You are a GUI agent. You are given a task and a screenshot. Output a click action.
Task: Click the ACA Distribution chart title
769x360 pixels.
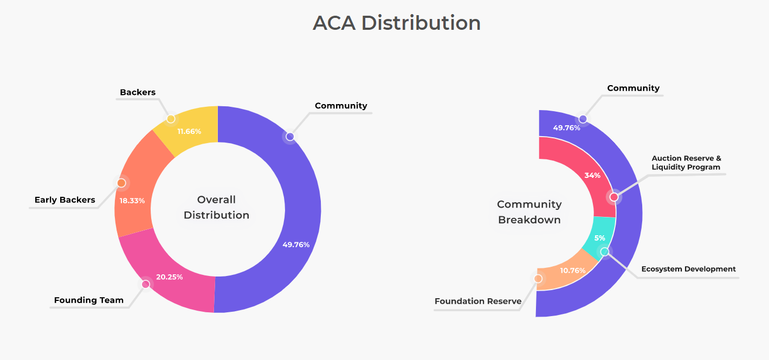(x=397, y=23)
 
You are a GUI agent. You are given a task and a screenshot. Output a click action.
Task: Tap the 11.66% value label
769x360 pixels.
(x=189, y=131)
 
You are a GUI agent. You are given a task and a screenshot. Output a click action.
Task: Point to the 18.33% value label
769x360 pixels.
(x=132, y=201)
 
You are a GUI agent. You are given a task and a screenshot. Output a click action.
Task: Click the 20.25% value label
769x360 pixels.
(x=169, y=277)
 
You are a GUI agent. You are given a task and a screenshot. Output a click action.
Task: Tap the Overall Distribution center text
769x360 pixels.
(x=216, y=207)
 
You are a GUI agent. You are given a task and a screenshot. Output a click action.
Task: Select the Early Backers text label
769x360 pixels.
(x=64, y=200)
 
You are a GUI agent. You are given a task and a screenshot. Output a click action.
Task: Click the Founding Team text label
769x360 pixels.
(x=89, y=300)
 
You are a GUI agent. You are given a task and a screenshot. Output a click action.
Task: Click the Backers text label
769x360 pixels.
(x=138, y=92)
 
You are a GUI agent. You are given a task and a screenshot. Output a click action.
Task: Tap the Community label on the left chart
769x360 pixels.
(x=341, y=106)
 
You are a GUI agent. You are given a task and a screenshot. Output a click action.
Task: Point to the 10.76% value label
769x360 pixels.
(x=573, y=271)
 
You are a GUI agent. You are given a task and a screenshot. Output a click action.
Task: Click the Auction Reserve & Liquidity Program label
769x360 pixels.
(x=686, y=163)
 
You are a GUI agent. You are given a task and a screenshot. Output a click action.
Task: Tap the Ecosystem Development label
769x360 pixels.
(x=688, y=269)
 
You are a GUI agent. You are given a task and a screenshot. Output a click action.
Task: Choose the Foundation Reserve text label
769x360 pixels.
(x=478, y=301)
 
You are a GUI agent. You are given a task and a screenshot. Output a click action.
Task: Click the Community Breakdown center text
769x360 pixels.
(x=529, y=212)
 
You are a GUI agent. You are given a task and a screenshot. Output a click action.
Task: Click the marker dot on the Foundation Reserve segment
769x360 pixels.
(x=538, y=279)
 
